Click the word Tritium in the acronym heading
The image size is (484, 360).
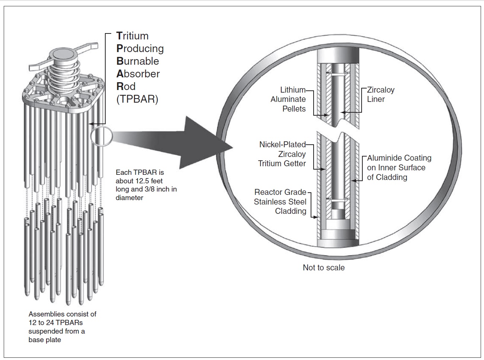tap(132, 36)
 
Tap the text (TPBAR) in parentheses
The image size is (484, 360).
tap(137, 99)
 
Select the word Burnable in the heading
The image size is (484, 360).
tap(138, 61)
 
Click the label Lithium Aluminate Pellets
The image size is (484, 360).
tap(288, 99)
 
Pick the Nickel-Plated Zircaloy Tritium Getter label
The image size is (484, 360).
tap(282, 154)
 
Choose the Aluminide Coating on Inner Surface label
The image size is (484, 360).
tap(399, 167)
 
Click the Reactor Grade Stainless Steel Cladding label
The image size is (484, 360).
tap(281, 202)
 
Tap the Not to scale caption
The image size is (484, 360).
tap(324, 268)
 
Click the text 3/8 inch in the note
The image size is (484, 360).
tap(154, 189)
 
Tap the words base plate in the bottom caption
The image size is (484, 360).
tap(45, 340)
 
